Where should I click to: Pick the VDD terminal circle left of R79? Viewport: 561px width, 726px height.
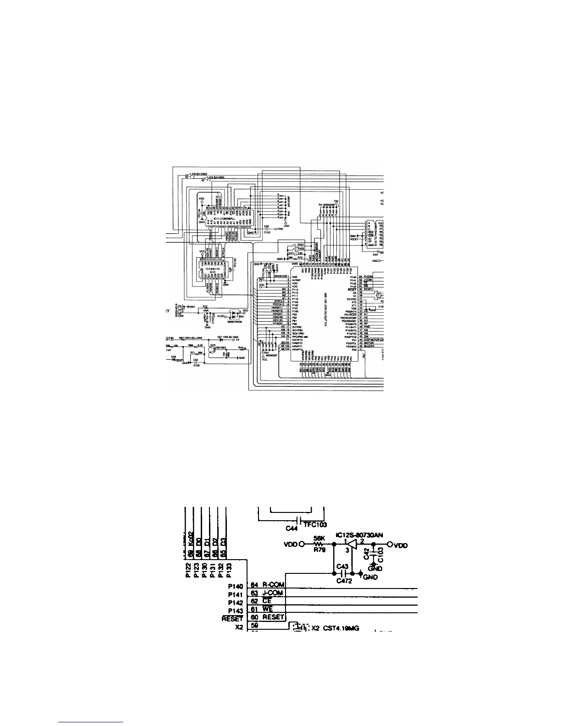[302, 545]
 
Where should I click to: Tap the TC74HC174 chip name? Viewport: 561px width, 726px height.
[210, 268]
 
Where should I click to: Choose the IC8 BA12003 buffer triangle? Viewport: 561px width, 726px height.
[187, 175]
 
